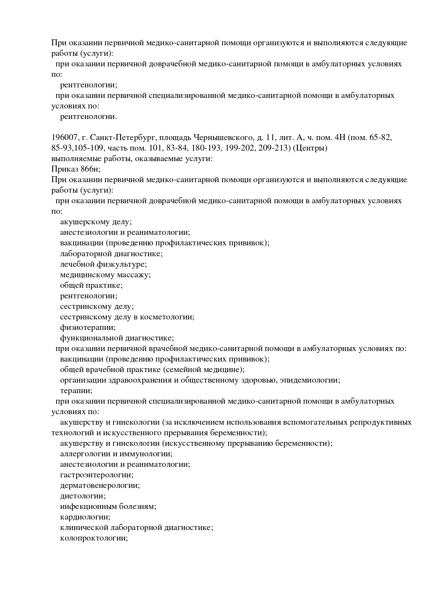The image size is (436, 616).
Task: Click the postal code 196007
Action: tap(62, 138)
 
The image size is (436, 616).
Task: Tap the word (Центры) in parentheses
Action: tap(310, 148)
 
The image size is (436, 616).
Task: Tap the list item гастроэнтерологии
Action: tap(97, 475)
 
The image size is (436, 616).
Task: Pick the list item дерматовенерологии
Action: tap(100, 485)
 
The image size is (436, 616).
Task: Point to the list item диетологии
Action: tap(83, 496)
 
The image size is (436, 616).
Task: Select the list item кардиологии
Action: tap(85, 517)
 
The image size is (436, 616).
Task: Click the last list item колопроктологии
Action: tap(94, 538)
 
